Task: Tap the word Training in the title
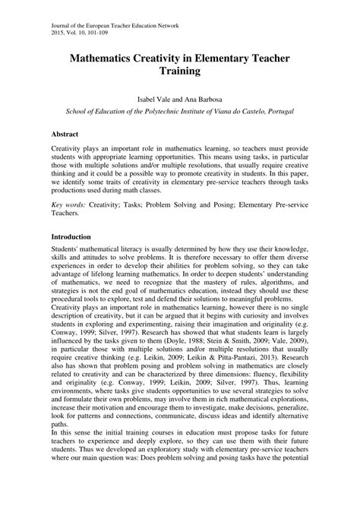180,72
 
